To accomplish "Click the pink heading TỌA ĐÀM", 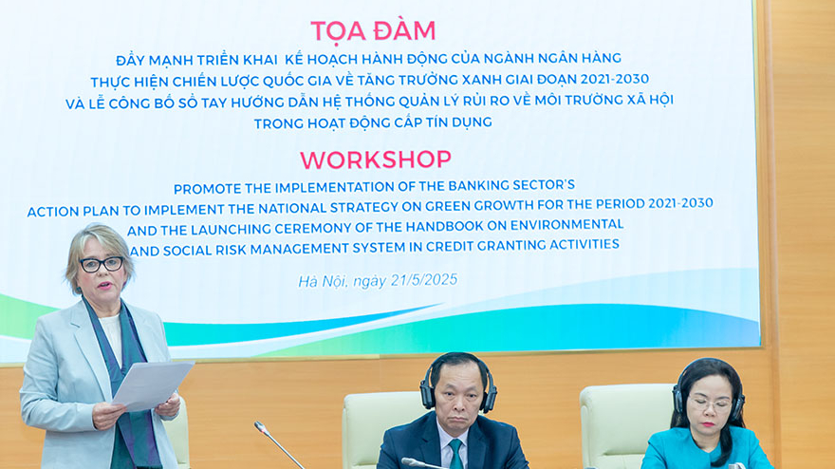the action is tap(373, 31).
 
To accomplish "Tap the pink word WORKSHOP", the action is tap(376, 159).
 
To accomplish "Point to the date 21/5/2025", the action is tap(424, 280).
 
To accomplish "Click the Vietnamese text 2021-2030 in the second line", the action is tap(615, 79).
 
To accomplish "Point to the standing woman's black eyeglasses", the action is tap(102, 264).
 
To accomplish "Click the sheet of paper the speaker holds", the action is tap(153, 385).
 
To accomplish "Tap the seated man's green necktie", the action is tap(455, 454).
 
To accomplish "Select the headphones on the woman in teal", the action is tap(707, 388).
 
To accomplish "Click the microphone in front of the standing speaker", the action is tap(278, 444).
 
